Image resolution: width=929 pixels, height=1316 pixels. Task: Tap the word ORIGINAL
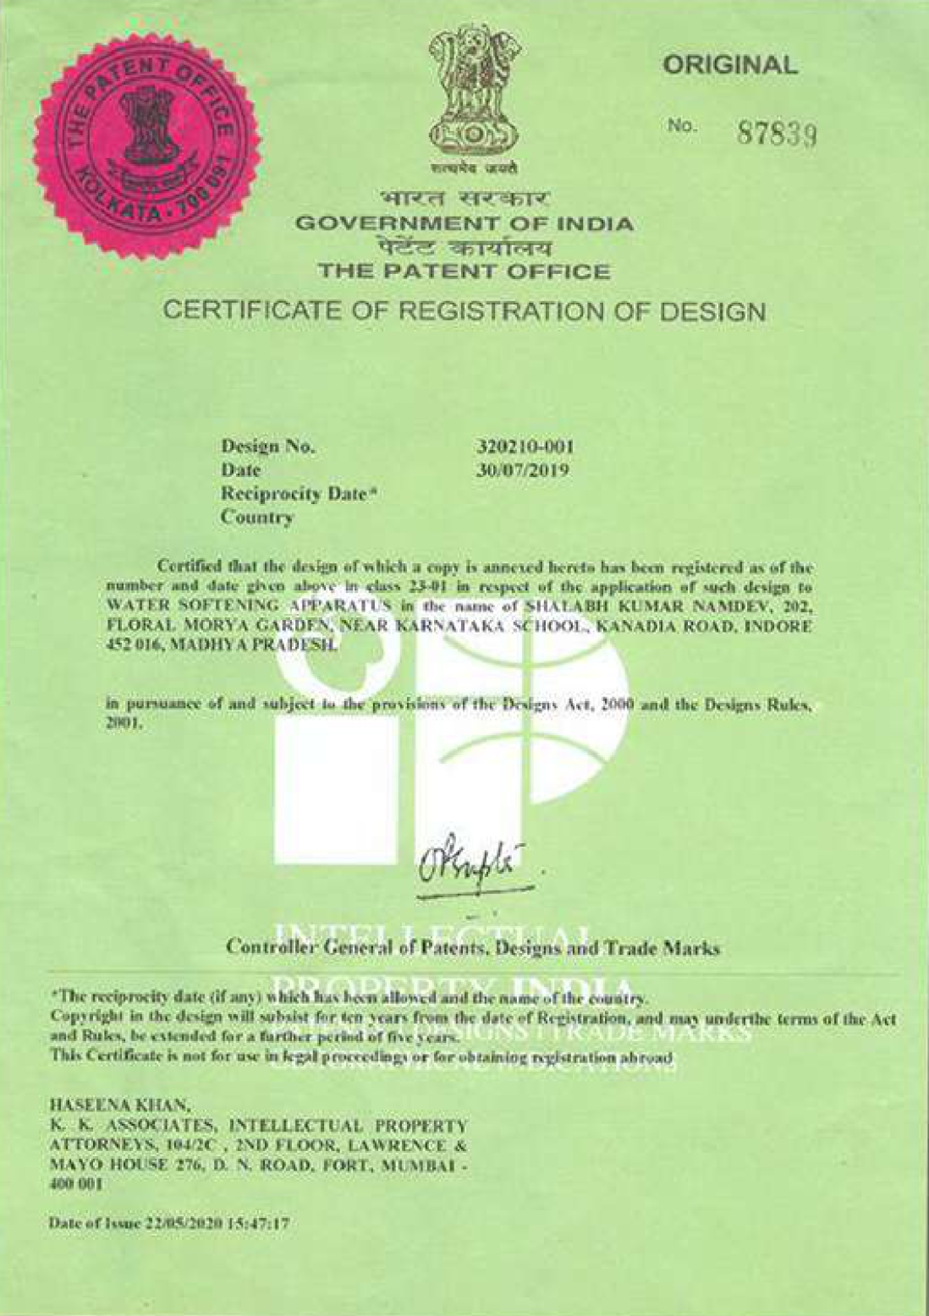click(729, 65)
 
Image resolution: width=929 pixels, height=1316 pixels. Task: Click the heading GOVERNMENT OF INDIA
click(464, 224)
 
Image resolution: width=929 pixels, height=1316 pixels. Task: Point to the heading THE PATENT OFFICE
click(464, 271)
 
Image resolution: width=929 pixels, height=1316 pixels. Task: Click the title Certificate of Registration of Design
click(464, 311)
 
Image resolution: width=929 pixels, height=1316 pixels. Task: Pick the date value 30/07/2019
click(522, 469)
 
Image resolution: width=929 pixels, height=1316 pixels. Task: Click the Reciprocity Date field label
click(297, 493)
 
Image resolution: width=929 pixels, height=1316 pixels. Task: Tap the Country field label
click(256, 517)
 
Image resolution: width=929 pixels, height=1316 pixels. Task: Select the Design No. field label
click(267, 447)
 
